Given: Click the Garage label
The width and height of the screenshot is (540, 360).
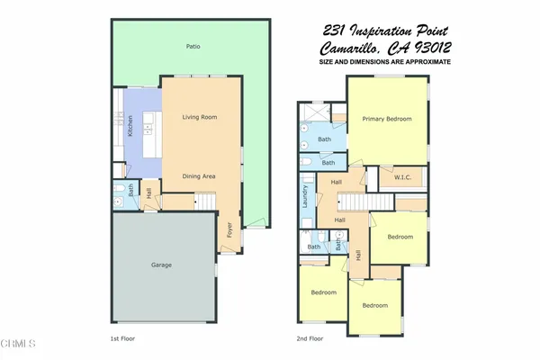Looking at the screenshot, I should click(161, 265).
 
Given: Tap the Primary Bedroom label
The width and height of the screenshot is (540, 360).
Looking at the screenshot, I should click(386, 120).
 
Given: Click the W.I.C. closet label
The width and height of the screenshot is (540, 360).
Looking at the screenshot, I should click(402, 178).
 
